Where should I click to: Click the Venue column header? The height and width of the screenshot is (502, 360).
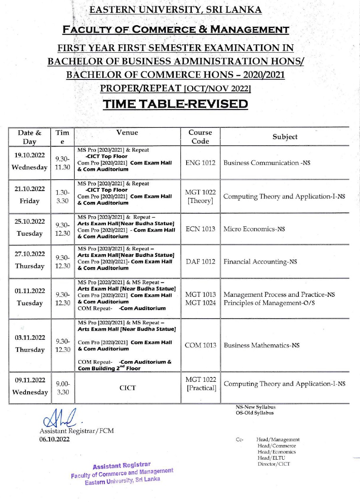click(x=127, y=133)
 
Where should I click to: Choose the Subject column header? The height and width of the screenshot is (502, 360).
click(x=285, y=137)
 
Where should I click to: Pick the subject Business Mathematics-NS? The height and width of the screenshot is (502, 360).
click(x=262, y=345)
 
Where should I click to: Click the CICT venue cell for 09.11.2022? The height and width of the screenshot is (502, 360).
click(x=127, y=388)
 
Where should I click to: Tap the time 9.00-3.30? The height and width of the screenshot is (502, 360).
click(x=62, y=388)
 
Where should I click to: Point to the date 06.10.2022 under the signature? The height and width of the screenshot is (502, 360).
click(x=54, y=439)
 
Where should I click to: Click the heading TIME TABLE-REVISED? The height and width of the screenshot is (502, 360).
click(x=175, y=104)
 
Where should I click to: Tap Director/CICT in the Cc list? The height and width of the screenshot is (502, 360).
click(x=274, y=464)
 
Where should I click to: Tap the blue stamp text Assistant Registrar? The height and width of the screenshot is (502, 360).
click(x=122, y=466)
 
